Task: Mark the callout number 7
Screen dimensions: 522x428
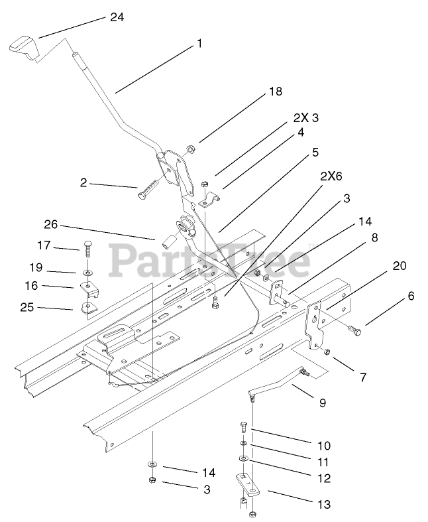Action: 362,377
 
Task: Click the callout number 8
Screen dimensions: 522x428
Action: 374,237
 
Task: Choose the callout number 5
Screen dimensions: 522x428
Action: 315,152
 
